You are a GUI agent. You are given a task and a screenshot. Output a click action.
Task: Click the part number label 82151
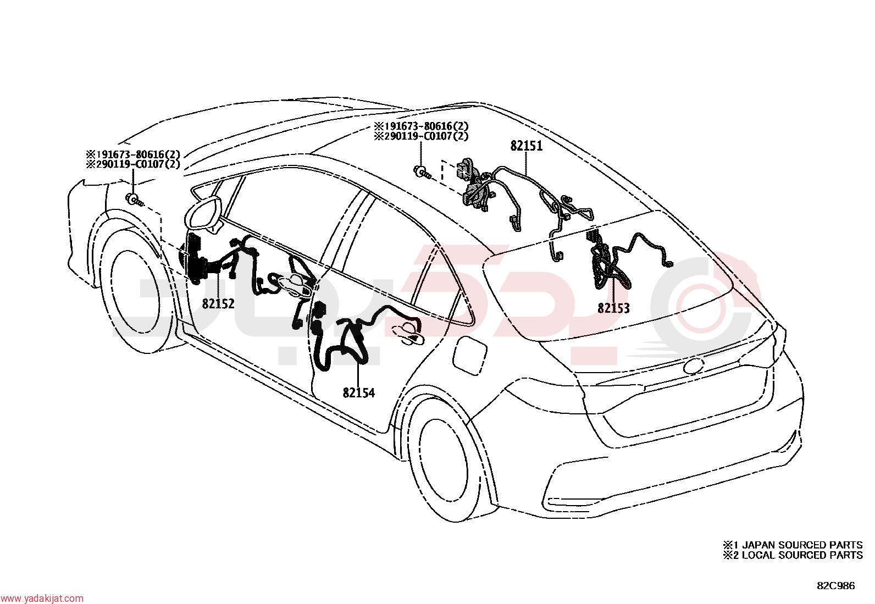[526, 146]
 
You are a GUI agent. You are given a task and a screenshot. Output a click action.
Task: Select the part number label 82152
[218, 303]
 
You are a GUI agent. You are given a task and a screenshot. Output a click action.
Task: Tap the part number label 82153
[614, 309]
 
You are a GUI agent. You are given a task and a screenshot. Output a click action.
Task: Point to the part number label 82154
[358, 392]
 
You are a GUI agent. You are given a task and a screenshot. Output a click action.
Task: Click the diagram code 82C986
[836, 586]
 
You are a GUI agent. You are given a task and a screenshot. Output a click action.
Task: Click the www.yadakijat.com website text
[42, 598]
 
